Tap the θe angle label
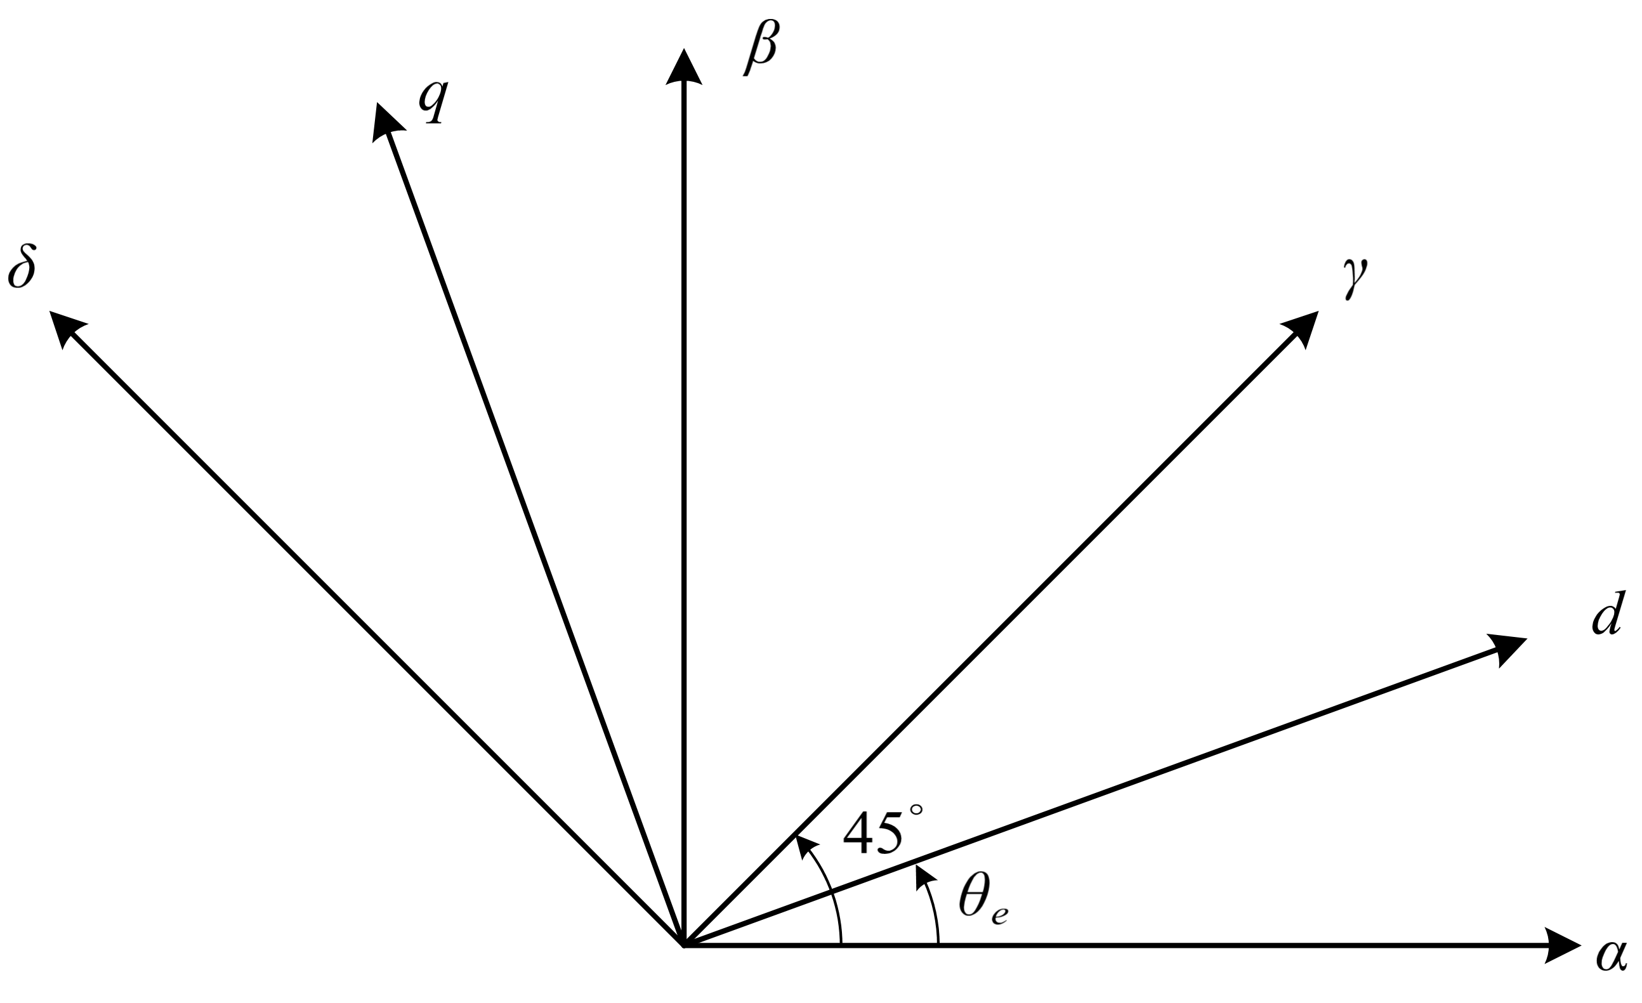[x=982, y=900]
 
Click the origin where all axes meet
[x=684, y=945]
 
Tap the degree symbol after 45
[x=916, y=810]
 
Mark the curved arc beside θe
[x=935, y=913]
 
